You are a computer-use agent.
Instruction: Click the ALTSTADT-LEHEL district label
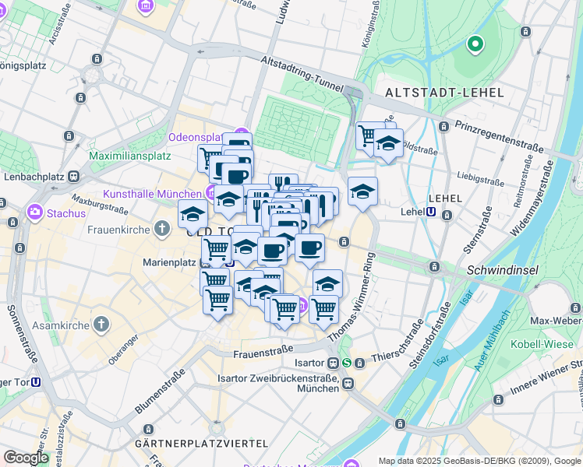pos(444,93)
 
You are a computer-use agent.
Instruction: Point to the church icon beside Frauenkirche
pos(161,228)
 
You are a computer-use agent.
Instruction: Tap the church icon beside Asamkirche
pos(101,323)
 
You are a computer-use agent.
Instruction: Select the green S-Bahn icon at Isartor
pos(347,363)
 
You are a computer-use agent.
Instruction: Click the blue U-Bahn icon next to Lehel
pos(431,211)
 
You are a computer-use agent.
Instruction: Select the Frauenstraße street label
pos(263,352)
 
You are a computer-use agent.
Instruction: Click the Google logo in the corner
pos(26,458)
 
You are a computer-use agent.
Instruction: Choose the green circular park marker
pos(475,44)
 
